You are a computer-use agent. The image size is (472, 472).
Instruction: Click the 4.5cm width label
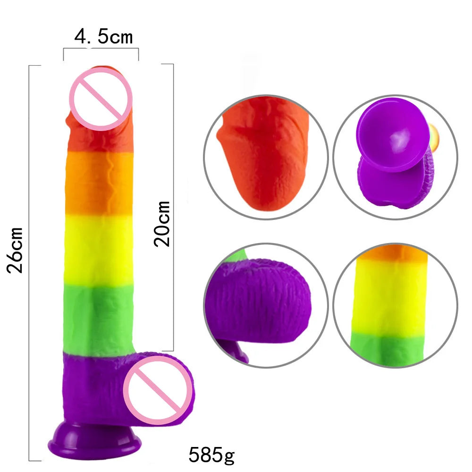pyautogui.click(x=103, y=37)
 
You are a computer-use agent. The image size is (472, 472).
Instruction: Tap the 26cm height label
pyautogui.click(x=15, y=251)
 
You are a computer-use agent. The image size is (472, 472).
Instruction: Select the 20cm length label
pyautogui.click(x=162, y=224)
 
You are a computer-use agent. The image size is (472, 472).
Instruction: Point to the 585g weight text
pyautogui.click(x=211, y=454)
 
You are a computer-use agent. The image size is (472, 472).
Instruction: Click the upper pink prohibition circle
pyautogui.click(x=101, y=99)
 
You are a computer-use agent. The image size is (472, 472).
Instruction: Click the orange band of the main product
pyautogui.click(x=99, y=182)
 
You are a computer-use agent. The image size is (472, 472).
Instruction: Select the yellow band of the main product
pyautogui.click(x=99, y=250)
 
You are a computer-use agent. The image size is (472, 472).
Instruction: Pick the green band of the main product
pyautogui.click(x=99, y=319)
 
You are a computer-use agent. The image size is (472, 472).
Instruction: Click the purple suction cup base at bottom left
pyautogui.click(x=94, y=441)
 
